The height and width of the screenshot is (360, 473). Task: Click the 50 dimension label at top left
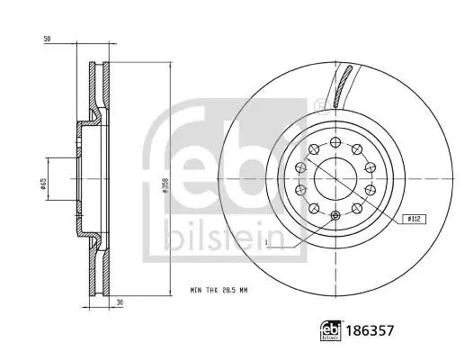[x=48, y=39]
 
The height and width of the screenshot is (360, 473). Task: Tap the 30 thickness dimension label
[x=120, y=302]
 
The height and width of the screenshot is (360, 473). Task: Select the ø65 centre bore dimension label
[x=43, y=184]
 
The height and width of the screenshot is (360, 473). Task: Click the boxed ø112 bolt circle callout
[x=415, y=219]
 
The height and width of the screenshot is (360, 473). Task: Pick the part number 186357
[x=370, y=330]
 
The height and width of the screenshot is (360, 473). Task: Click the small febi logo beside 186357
[x=331, y=330]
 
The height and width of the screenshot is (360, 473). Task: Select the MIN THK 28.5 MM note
[x=219, y=291]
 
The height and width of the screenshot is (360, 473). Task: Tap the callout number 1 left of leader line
[x=266, y=242]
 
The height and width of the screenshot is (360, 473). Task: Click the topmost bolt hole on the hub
[x=335, y=141]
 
